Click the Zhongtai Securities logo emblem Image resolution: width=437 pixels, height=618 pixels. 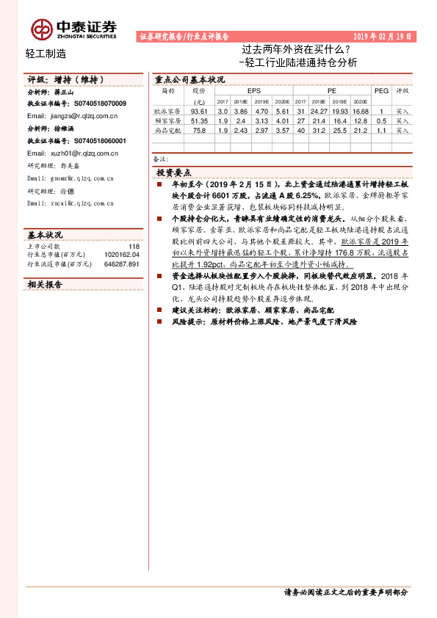click(42, 29)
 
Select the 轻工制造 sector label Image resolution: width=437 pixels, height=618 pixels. click(46, 53)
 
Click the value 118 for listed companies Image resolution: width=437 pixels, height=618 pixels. click(134, 247)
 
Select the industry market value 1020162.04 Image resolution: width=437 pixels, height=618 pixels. click(122, 255)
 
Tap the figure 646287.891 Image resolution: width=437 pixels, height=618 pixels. click(122, 263)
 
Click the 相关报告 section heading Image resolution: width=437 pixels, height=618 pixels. click(46, 283)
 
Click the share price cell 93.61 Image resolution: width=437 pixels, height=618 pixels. click(199, 110)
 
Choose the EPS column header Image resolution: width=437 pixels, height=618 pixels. click(254, 90)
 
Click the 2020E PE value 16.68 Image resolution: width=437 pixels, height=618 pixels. click(360, 110)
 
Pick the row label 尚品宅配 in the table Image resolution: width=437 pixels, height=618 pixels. click(168, 130)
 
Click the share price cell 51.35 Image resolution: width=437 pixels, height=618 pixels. click(199, 120)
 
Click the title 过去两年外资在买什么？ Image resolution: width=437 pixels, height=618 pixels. click(296, 51)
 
